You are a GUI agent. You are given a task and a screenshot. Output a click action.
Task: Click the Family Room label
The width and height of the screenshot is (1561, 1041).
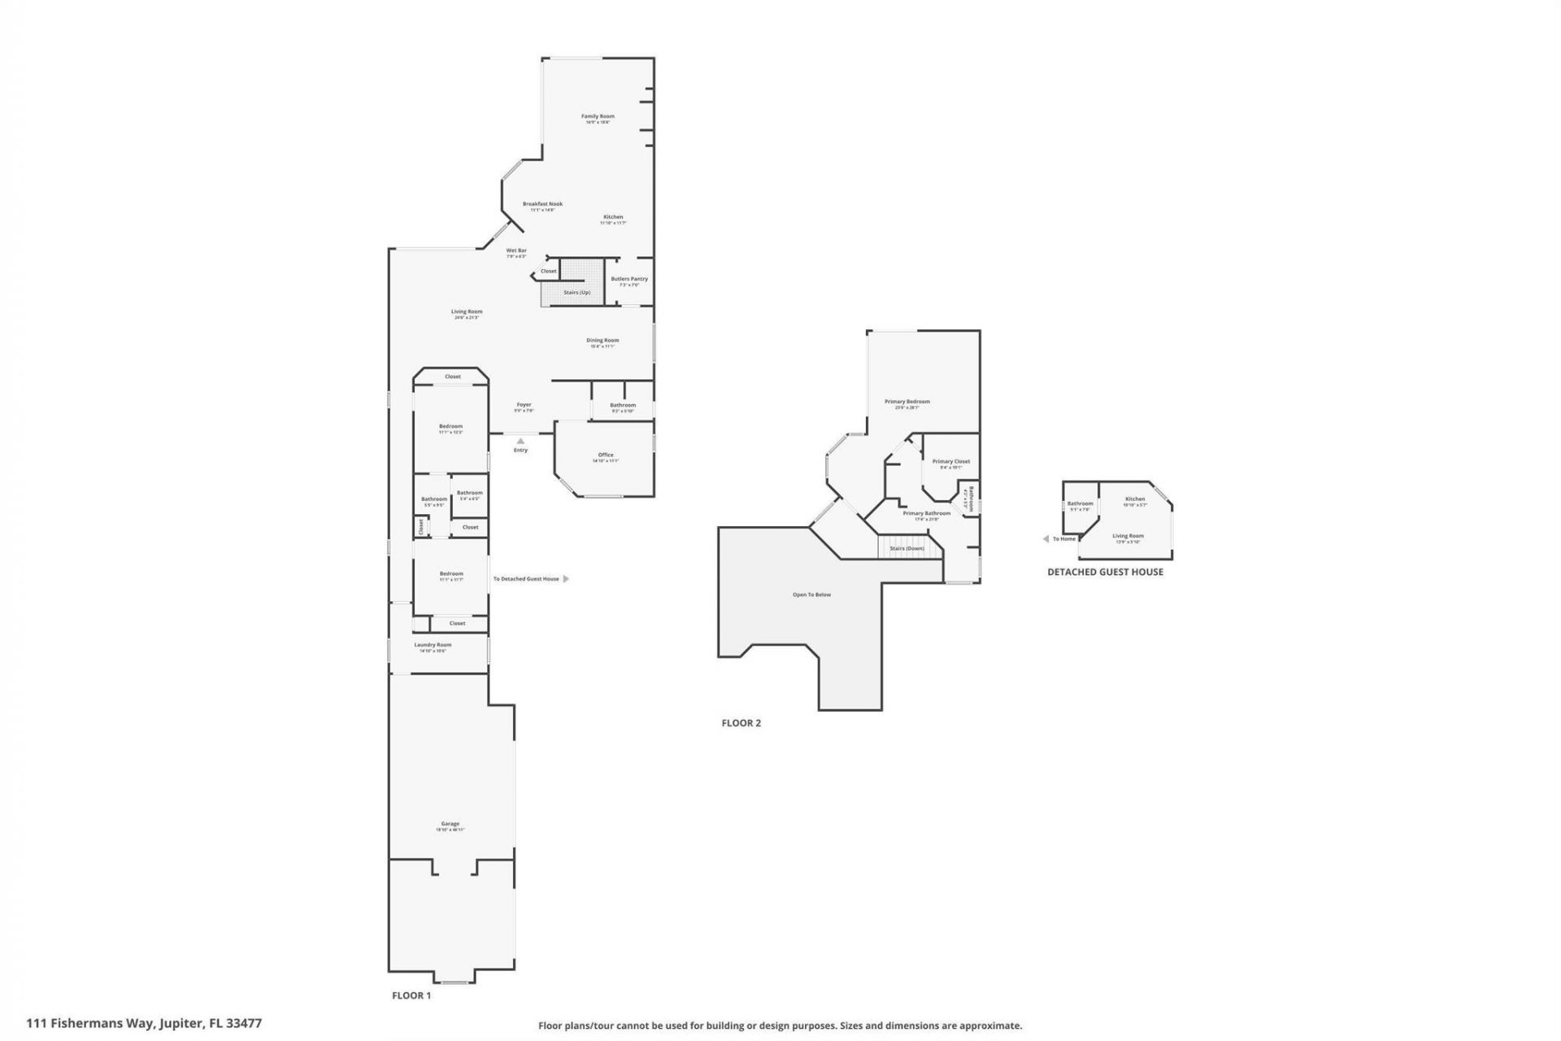598,116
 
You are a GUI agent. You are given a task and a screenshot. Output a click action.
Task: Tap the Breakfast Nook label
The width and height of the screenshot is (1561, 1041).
542,204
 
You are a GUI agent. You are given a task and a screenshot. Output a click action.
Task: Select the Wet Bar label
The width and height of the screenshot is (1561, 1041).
516,250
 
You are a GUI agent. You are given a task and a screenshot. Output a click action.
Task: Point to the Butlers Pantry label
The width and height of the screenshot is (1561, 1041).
629,279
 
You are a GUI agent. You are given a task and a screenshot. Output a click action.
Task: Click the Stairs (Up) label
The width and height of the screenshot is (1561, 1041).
576,292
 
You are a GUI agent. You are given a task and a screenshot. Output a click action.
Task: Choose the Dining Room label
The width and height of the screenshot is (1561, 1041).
602,341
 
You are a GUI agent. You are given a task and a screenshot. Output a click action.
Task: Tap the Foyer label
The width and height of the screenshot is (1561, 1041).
524,405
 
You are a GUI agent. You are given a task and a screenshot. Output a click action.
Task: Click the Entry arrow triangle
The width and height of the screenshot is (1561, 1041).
520,441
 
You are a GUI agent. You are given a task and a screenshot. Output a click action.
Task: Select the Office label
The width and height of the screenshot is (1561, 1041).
606,455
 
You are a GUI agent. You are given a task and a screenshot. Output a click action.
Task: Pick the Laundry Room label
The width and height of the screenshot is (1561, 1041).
433,645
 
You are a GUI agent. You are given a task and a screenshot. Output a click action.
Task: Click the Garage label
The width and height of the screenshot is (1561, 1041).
450,824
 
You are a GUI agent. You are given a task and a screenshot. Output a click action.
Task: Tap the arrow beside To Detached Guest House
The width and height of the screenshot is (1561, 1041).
566,579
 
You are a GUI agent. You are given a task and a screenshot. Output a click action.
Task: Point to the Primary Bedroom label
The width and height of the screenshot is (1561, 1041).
907,402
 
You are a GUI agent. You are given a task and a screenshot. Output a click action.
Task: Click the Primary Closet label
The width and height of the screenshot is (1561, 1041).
951,462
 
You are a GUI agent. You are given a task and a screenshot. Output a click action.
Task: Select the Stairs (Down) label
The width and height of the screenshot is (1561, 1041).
907,548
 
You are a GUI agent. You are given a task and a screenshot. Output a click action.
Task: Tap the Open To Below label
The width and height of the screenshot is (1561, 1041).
811,595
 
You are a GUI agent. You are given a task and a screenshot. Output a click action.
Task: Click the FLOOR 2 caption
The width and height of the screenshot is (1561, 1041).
741,723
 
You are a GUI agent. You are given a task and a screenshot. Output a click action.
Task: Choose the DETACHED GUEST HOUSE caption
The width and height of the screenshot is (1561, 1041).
1105,572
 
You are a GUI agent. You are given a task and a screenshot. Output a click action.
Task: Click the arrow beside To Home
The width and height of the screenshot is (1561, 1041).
1046,538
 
